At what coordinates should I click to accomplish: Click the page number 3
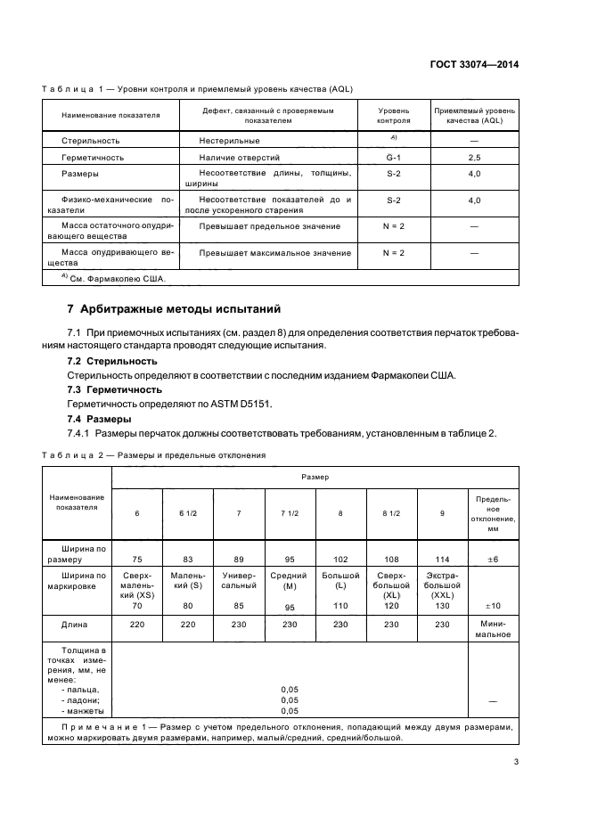click(x=516, y=761)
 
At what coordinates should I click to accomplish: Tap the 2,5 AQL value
click(x=474, y=156)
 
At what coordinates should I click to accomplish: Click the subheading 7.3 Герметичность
click(x=114, y=389)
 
